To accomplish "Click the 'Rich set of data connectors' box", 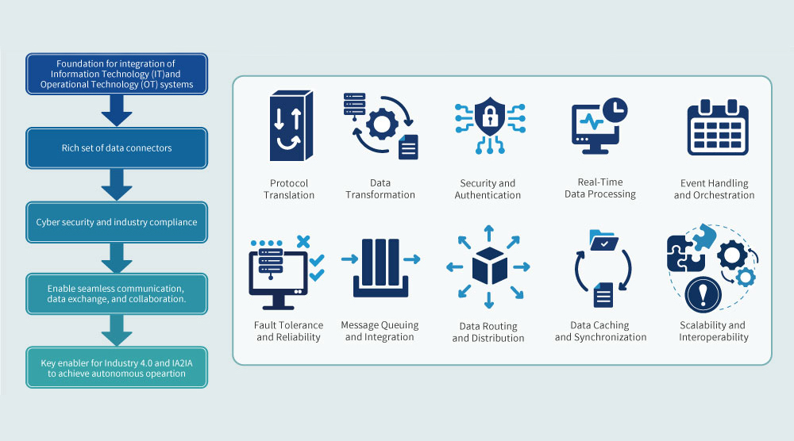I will point(117,148).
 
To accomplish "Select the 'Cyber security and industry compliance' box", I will point(117,222).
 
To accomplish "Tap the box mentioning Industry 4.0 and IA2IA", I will point(117,367).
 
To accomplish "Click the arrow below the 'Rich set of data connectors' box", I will point(117,186).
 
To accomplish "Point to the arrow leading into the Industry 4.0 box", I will point(117,330).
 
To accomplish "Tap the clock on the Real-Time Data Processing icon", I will point(614,109).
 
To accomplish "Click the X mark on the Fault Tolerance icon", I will point(303,241).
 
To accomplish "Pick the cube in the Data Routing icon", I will point(489,267).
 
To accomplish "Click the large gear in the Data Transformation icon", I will point(384,124).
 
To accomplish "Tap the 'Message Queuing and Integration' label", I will point(380,331).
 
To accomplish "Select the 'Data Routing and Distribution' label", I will point(488,332).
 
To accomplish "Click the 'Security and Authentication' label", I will point(488,189).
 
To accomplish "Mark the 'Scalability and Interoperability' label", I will point(713,331).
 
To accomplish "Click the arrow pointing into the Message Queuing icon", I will point(349,259).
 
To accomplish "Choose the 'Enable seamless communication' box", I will point(117,294).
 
